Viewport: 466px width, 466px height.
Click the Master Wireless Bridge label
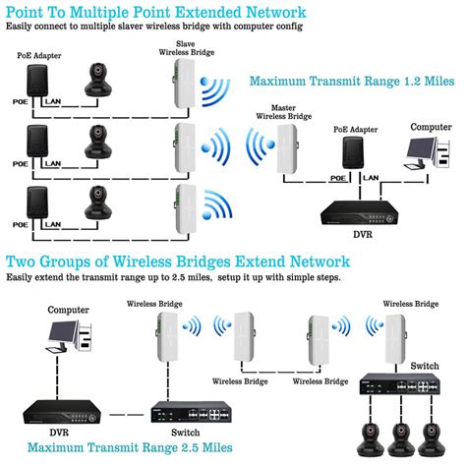(x=284, y=112)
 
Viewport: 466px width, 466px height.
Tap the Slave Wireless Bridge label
(x=187, y=48)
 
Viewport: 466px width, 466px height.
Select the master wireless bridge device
(x=287, y=149)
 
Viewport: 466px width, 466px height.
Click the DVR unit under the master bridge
(x=360, y=213)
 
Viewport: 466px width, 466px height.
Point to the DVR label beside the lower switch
(x=59, y=433)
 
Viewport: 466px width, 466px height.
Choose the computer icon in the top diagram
(x=428, y=153)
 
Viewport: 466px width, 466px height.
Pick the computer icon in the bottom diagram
(x=70, y=336)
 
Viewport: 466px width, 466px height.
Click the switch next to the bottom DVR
(x=192, y=412)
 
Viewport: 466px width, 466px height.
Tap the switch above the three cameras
(x=400, y=384)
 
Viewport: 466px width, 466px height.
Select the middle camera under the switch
(x=400, y=439)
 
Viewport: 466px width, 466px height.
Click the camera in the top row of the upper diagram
(x=97, y=80)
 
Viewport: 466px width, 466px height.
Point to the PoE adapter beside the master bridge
(x=353, y=152)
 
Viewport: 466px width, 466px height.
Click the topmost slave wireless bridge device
(x=184, y=84)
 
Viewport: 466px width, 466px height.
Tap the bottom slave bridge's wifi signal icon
(x=217, y=205)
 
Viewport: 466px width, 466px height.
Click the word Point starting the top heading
(x=25, y=13)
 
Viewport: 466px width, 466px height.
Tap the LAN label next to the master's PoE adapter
(x=371, y=178)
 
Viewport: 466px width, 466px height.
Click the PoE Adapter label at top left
(x=39, y=56)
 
